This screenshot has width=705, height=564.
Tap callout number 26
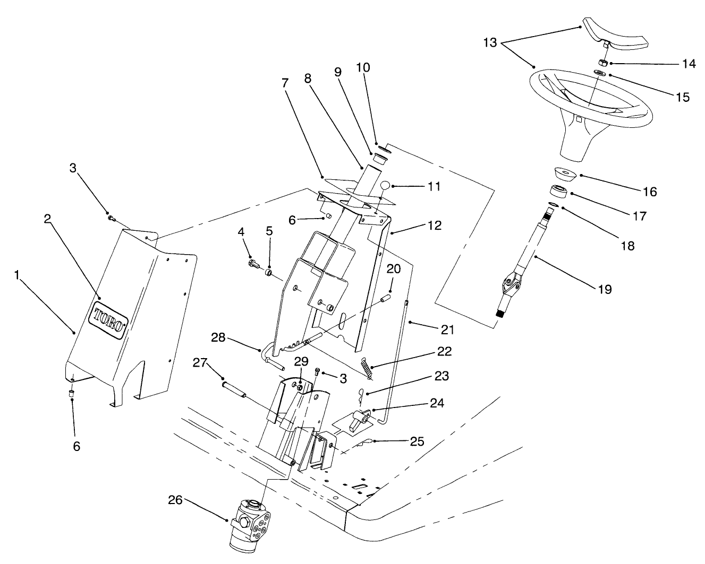pos(176,499)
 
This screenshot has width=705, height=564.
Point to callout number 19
pos(605,289)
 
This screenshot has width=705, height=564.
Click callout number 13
pos(490,42)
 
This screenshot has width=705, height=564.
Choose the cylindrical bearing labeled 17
pos(557,191)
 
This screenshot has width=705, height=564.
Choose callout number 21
pos(447,329)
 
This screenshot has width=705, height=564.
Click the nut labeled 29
pos(300,387)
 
